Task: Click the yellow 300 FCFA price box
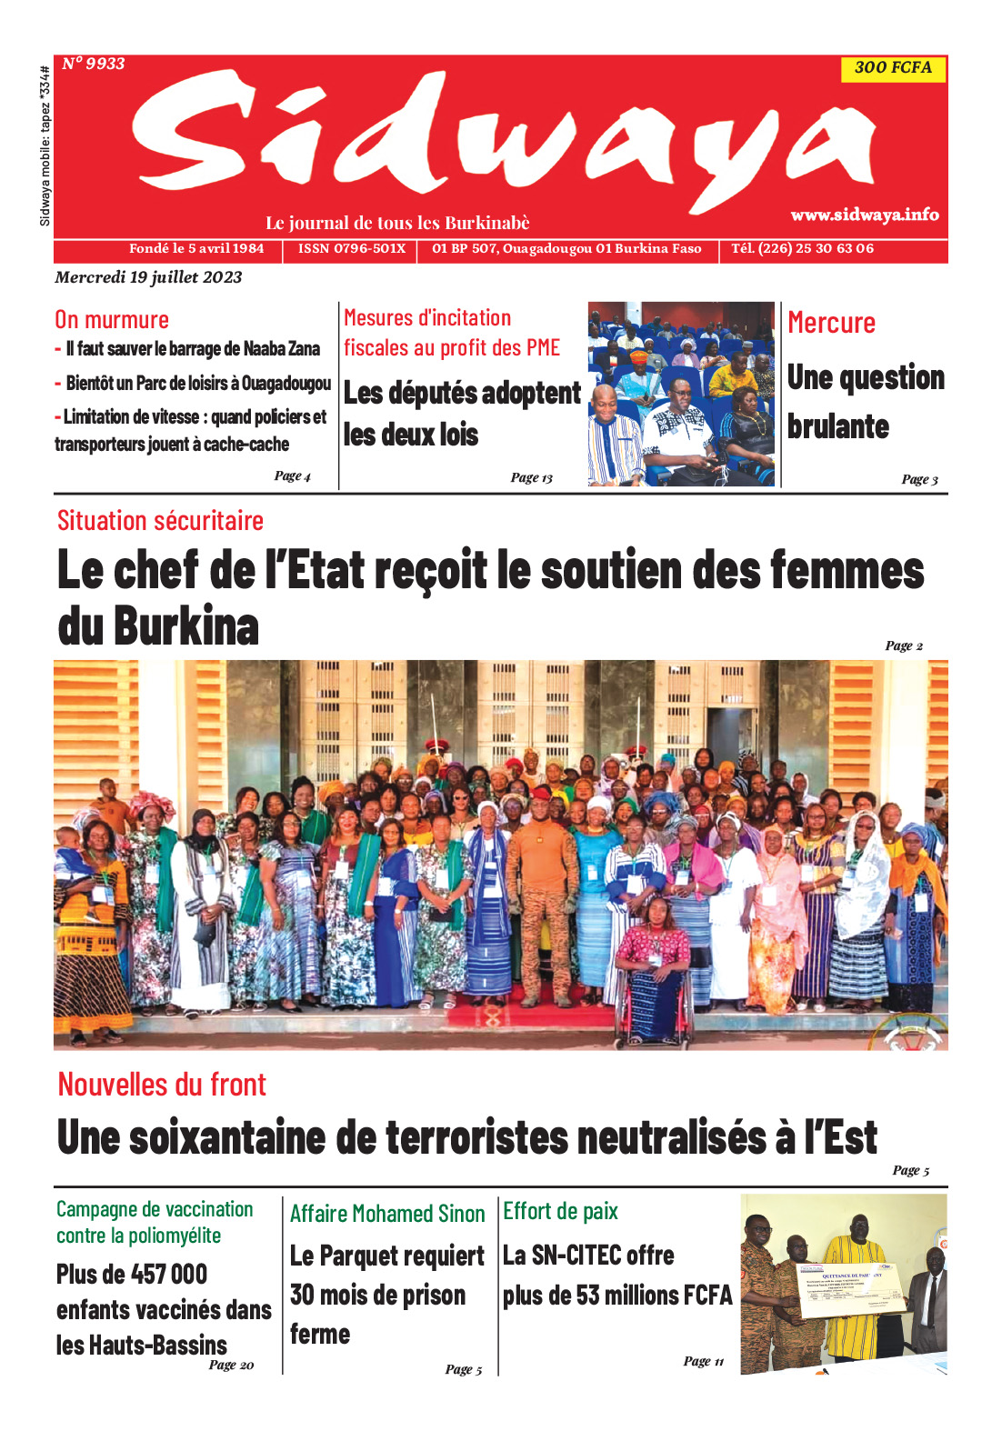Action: point(893,68)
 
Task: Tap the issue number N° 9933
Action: point(94,64)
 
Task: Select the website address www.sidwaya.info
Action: point(864,215)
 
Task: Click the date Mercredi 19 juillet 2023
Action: point(148,277)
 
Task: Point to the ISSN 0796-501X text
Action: point(352,248)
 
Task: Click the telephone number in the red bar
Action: point(802,248)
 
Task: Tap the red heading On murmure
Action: point(112,320)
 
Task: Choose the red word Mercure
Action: point(831,323)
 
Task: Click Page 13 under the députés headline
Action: point(531,477)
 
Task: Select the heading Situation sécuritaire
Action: point(160,521)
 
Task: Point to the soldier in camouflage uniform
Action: point(543,891)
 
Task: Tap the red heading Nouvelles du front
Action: point(162,1085)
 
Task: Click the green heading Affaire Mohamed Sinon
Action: point(387,1214)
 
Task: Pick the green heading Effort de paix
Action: point(560,1211)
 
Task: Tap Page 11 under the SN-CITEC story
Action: point(703,1361)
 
